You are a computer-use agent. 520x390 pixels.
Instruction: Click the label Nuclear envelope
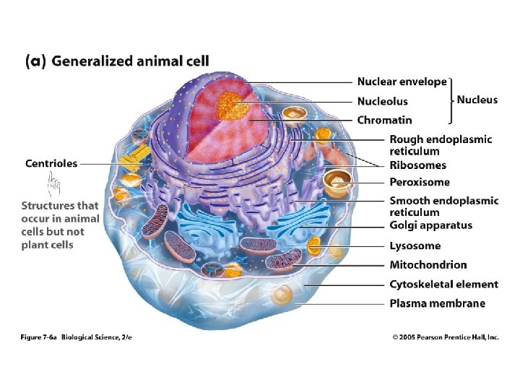pos(402,82)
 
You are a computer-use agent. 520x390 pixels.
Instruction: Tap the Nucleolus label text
pos(382,102)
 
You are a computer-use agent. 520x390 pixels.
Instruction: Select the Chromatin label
pos(384,120)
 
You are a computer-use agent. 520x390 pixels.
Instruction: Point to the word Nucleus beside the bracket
pos(477,100)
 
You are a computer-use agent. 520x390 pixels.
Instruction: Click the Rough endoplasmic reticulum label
pos(441,145)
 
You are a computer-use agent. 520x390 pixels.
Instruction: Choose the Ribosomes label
pos(418,165)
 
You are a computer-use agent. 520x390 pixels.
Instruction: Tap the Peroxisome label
pos(420,183)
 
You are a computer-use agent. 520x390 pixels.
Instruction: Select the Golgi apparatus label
pos(431,225)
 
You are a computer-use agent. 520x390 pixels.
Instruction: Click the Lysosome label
pos(415,246)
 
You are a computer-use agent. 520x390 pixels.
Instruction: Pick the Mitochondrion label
pos(428,265)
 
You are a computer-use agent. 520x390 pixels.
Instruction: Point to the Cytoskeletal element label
pos(444,285)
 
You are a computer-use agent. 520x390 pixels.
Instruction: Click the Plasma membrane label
pos(438,303)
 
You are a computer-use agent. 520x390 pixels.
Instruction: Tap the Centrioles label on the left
pos(51,164)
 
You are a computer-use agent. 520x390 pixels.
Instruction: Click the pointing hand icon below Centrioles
pos(52,188)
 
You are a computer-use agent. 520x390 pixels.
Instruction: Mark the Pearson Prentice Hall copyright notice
pos(446,337)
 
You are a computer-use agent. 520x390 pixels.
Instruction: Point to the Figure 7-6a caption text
pos(86,337)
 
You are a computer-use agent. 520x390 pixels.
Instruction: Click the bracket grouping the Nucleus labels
pos(451,100)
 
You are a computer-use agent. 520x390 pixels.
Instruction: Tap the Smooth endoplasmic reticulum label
pos(444,207)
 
